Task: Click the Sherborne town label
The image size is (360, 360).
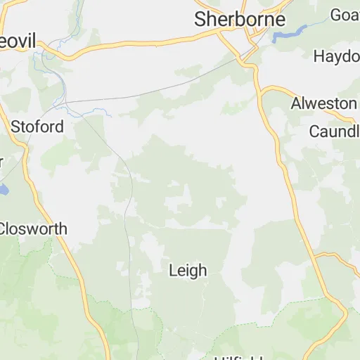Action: pyautogui.click(x=240, y=19)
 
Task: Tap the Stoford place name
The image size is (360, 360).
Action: pyautogui.click(x=37, y=127)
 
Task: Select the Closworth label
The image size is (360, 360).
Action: pyautogui.click(x=32, y=229)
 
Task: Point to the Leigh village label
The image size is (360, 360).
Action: pyautogui.click(x=188, y=270)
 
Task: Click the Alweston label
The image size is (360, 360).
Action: pyautogui.click(x=324, y=103)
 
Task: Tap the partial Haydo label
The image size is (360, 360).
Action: pyautogui.click(x=337, y=56)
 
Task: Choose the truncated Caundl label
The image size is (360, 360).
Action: pyautogui.click(x=335, y=131)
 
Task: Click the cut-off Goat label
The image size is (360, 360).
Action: pyautogui.click(x=345, y=15)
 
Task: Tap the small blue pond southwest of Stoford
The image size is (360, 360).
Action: pyautogui.click(x=4, y=189)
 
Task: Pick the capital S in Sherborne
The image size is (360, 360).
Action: pyautogui.click(x=201, y=19)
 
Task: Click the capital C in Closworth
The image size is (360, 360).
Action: pyautogui.click(x=4, y=229)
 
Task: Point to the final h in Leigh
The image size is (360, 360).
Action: pyautogui.click(x=202, y=270)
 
